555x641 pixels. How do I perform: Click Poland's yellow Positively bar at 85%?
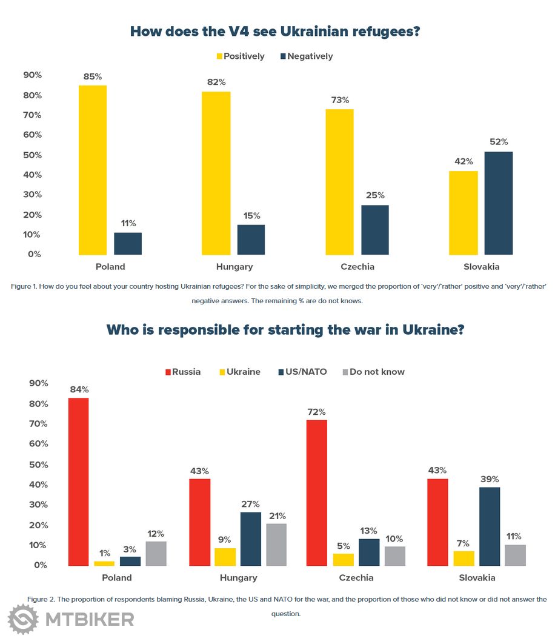click(93, 170)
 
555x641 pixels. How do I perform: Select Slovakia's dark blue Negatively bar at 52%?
click(498, 203)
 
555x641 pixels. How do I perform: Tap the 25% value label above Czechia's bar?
click(375, 195)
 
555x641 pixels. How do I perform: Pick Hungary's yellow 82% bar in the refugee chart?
click(216, 173)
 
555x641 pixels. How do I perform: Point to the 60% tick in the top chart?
click(32, 135)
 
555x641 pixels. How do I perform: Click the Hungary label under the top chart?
click(234, 267)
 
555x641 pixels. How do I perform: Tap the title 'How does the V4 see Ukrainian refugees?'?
click(275, 32)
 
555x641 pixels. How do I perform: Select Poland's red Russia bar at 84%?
click(78, 482)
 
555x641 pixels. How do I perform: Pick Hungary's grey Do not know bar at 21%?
click(276, 545)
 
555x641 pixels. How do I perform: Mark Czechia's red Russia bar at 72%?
click(316, 492)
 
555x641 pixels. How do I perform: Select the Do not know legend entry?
click(373, 372)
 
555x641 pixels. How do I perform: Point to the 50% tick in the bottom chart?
click(38, 465)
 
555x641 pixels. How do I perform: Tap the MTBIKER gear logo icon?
click(23, 619)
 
